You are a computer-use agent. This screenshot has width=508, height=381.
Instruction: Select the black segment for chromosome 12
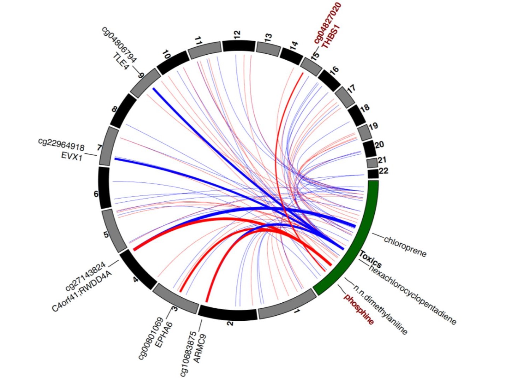click(239, 46)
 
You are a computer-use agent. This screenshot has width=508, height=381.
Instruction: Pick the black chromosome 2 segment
click(228, 313)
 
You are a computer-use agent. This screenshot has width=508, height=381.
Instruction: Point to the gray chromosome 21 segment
click(372, 163)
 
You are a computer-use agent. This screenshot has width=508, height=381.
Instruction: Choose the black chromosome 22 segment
click(373, 174)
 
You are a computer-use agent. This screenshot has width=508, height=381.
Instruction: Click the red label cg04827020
click(328, 23)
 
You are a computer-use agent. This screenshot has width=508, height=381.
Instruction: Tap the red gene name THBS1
click(332, 37)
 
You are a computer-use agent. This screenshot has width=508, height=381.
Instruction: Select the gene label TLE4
click(121, 61)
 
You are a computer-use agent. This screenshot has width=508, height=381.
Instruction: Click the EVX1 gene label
click(72, 156)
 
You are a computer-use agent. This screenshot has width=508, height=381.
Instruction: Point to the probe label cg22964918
click(61, 144)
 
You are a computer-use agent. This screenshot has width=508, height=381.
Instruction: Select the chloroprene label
click(405, 246)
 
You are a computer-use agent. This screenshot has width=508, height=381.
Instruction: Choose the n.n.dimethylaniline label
click(381, 310)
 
